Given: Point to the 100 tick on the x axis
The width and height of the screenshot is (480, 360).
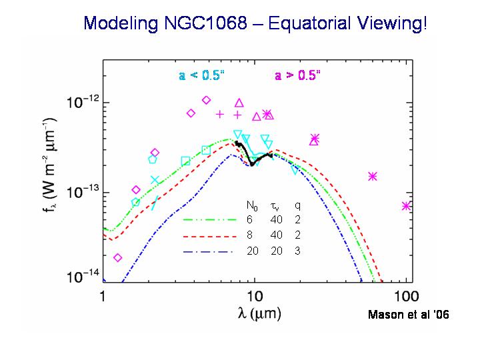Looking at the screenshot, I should (406, 295).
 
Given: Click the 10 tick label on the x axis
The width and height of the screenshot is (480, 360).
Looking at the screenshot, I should (254, 295).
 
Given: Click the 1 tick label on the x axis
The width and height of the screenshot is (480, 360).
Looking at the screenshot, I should (103, 295).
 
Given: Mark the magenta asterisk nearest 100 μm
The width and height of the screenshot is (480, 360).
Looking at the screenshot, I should (407, 206).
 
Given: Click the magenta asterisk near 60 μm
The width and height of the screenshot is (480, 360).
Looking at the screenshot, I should (373, 176).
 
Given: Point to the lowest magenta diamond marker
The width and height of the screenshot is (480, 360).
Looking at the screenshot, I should (118, 257).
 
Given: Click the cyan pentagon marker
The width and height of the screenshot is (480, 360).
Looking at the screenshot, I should (153, 159).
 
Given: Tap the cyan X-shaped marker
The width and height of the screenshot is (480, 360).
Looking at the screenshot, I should (155, 180).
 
